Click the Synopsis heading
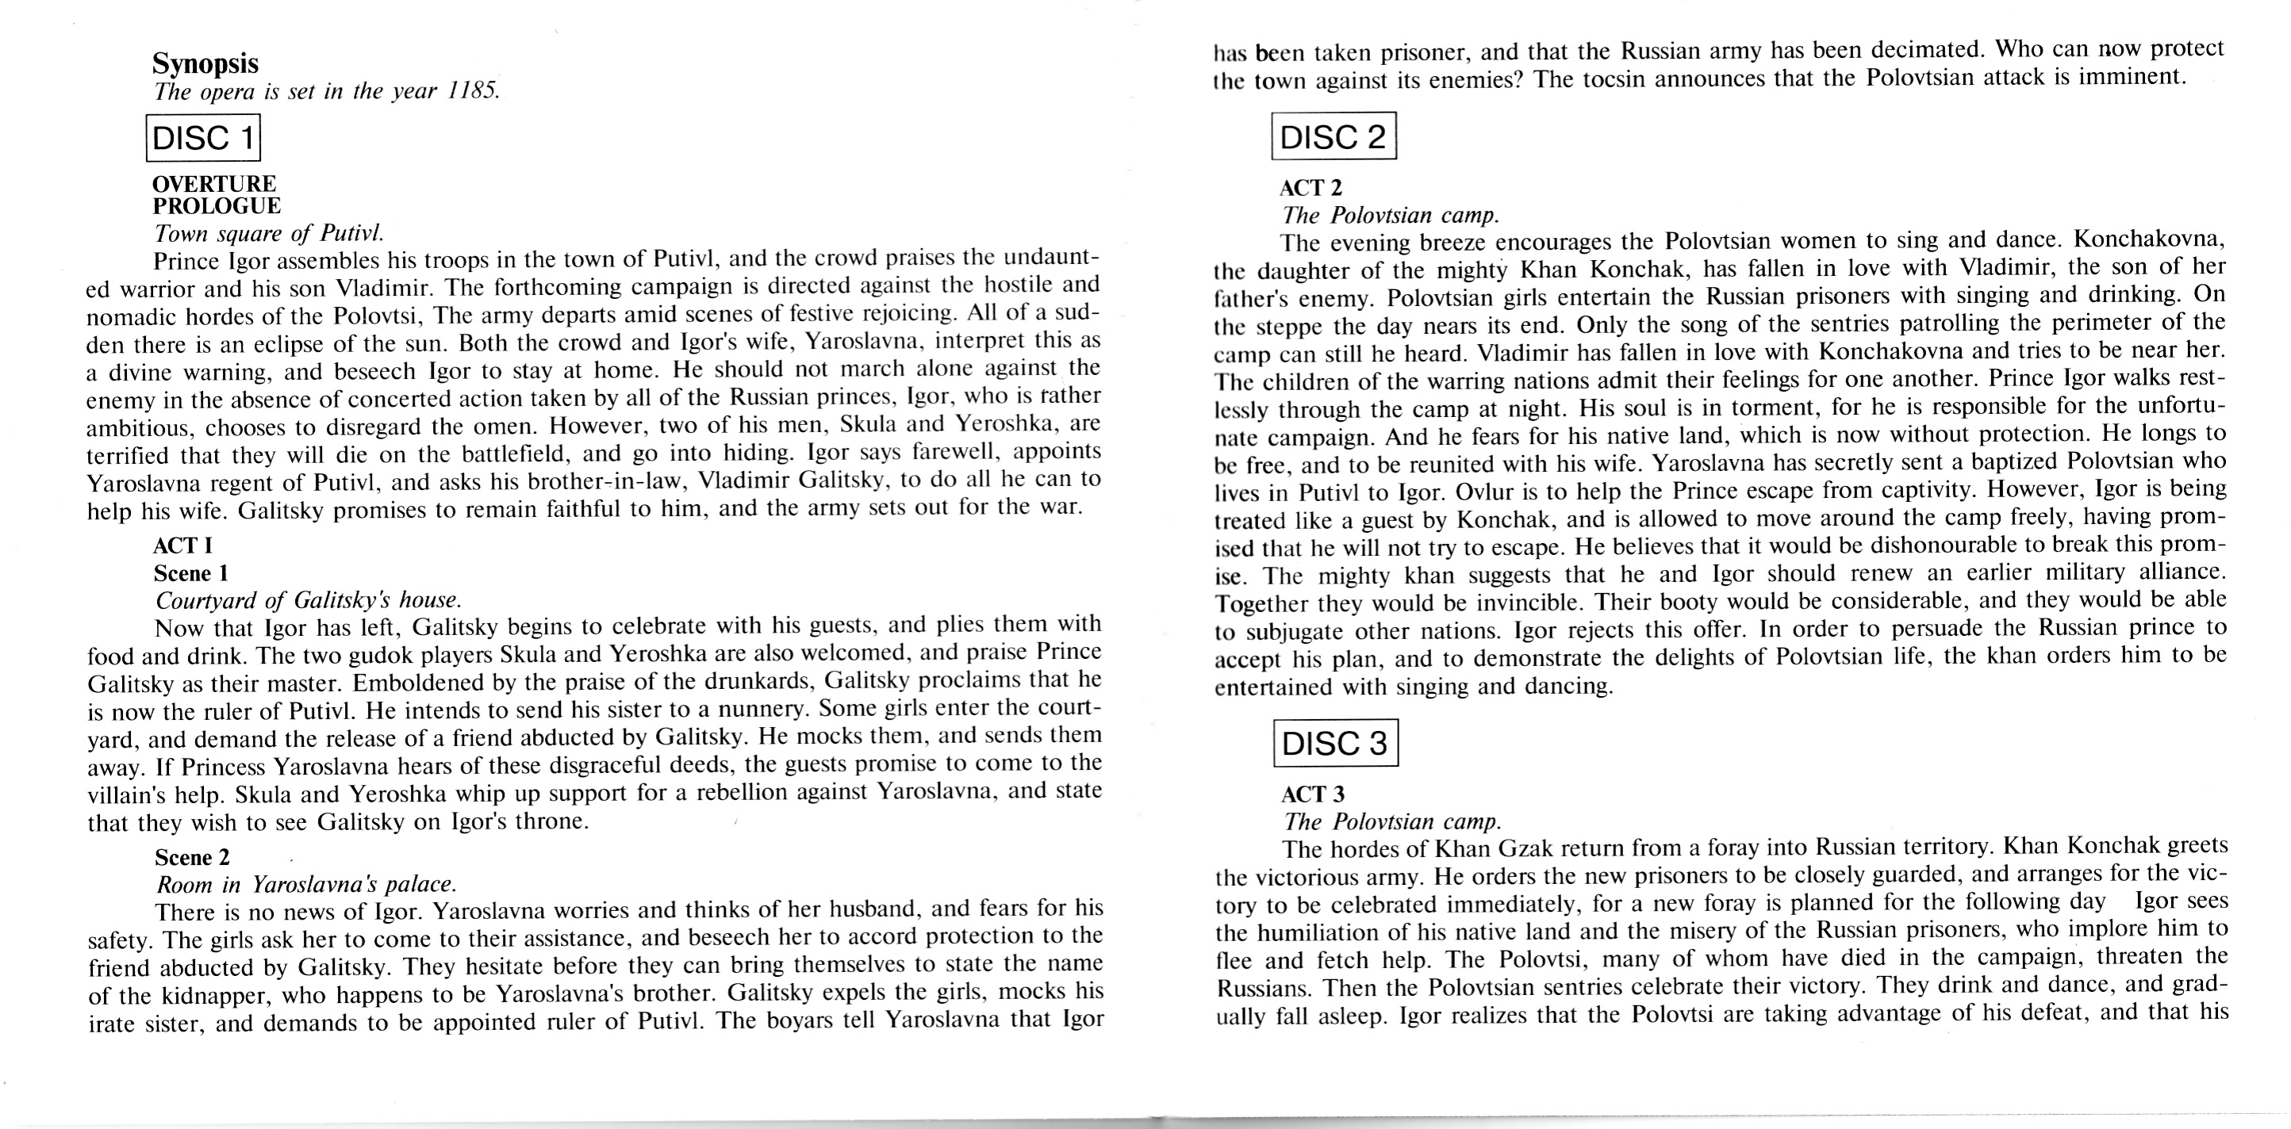coord(205,63)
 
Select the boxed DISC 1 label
coord(204,138)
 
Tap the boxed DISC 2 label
coord(1334,136)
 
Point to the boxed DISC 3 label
coord(1335,743)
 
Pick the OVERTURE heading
coord(213,183)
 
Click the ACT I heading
coord(182,545)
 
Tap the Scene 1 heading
coord(191,572)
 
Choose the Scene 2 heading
coord(192,857)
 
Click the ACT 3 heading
coord(1313,794)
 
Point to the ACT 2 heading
coord(1311,188)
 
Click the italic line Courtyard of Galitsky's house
coord(309,600)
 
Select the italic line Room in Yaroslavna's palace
coord(307,885)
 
